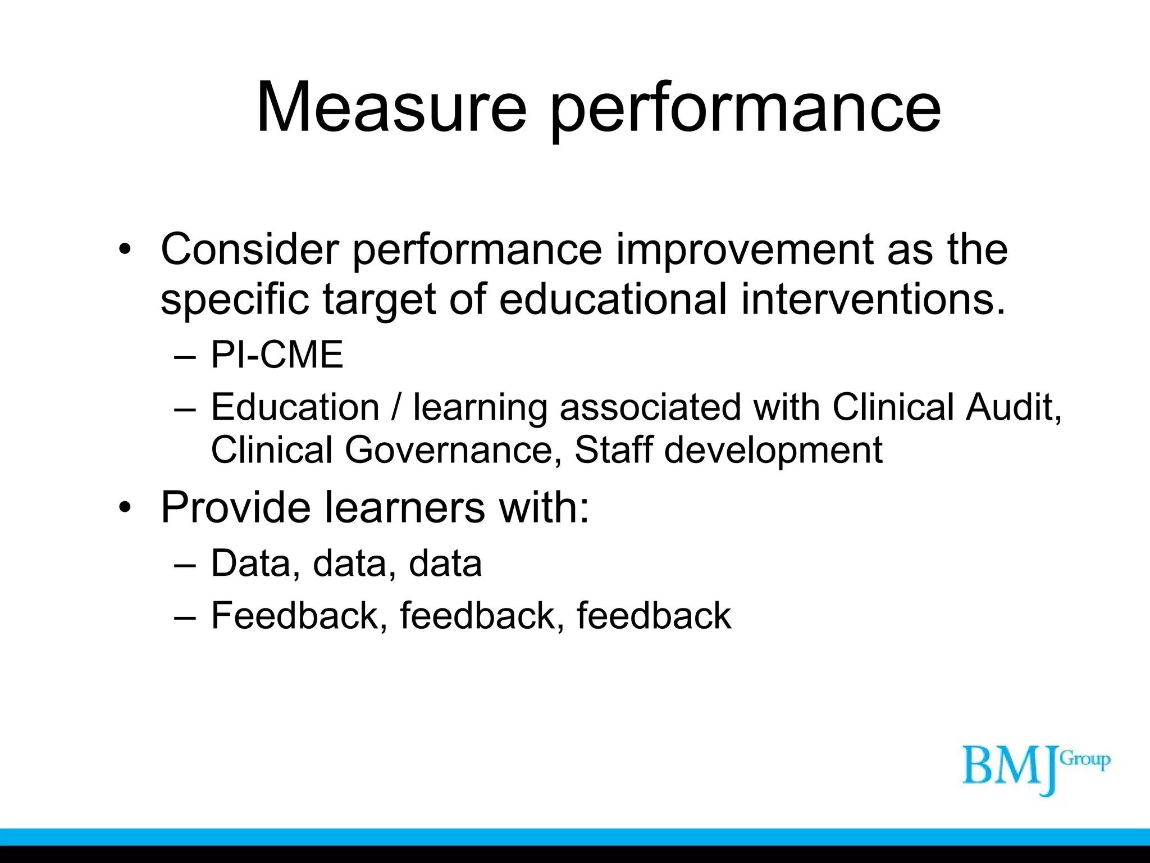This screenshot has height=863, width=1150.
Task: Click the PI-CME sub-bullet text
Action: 277,355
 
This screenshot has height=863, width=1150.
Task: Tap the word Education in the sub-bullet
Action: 295,407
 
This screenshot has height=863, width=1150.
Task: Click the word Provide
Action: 235,507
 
